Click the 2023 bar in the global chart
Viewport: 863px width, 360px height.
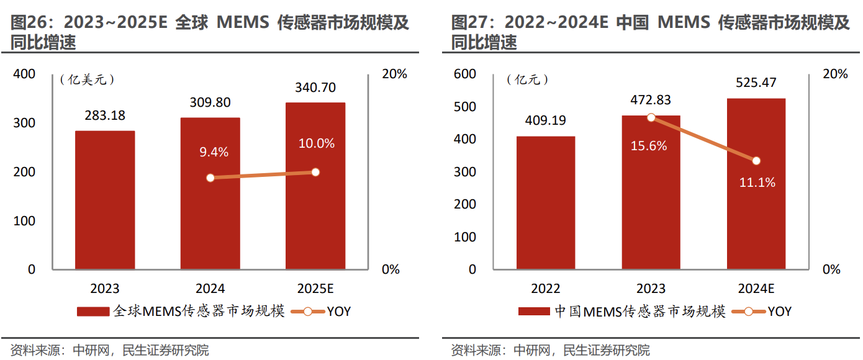(105, 200)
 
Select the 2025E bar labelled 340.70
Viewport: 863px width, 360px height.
(315, 186)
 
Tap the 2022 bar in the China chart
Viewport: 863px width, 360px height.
(546, 202)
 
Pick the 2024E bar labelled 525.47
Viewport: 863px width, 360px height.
(756, 184)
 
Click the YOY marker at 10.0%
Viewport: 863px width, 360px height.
(315, 172)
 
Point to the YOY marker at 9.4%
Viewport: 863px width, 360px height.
(210, 178)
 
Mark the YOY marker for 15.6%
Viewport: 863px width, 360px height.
(651, 118)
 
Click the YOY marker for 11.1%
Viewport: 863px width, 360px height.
(756, 161)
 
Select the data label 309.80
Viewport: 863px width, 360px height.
(210, 102)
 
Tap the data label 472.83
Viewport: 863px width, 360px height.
(650, 100)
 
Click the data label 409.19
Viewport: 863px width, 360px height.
(545, 120)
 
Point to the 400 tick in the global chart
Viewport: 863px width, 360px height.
(24, 74)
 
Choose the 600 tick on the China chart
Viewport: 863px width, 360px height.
(464, 74)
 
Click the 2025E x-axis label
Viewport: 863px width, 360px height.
(315, 289)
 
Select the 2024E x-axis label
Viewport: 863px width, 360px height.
(756, 289)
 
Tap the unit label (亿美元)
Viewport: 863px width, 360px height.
(87, 79)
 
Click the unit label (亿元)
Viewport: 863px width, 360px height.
(527, 79)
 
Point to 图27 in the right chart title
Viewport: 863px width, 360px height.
(467, 24)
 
